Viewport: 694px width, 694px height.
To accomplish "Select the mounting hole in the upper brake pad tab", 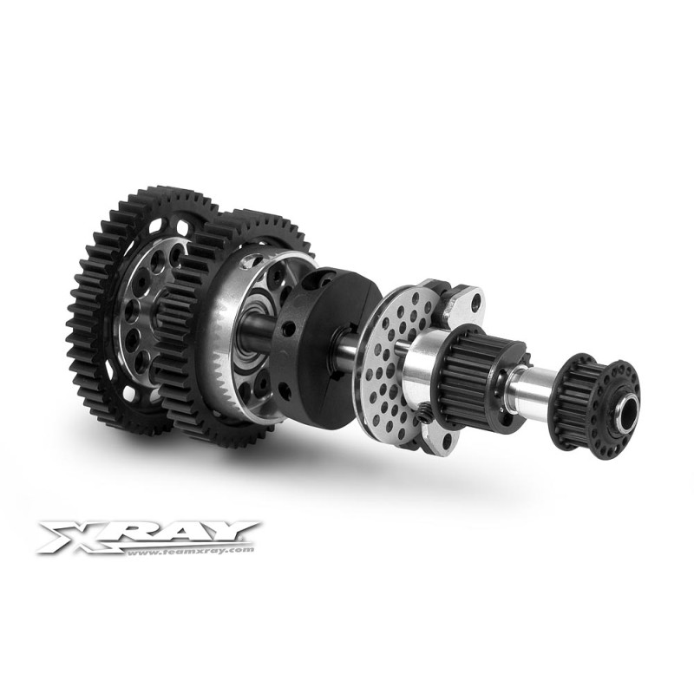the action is coord(475,304).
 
